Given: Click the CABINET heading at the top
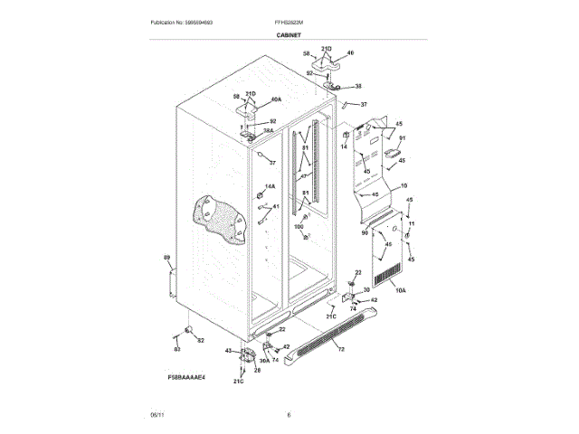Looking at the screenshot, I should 289,35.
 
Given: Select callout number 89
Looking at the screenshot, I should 166,259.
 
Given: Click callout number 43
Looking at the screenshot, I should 228,351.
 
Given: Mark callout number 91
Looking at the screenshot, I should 403,138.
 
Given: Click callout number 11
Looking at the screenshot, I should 412,223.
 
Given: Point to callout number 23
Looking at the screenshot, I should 358,272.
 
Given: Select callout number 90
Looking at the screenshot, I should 365,232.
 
